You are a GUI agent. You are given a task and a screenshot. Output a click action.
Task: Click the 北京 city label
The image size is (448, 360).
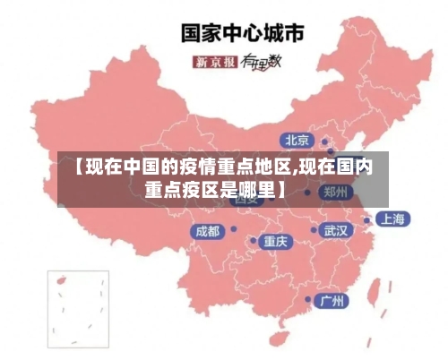point(297,140)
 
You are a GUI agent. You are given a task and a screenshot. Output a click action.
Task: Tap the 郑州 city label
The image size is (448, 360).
point(337,192)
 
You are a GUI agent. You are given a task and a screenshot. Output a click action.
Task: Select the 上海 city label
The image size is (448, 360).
point(392,219)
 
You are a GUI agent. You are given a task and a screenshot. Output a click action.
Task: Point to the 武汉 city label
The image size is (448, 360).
point(337,230)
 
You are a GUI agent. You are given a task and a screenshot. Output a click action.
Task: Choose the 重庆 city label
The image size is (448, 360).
point(275,241)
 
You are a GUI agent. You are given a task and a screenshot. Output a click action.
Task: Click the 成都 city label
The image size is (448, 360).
point(207,231)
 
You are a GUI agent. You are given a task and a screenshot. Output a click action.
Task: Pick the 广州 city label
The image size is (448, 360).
point(333,300)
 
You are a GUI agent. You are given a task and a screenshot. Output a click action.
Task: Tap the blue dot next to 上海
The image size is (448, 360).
point(367,219)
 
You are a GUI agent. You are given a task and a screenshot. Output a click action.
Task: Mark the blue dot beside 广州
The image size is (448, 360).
point(308,300)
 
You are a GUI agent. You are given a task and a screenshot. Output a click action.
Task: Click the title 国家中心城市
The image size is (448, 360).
point(242,33)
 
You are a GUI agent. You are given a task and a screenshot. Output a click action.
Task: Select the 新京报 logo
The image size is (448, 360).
point(215,62)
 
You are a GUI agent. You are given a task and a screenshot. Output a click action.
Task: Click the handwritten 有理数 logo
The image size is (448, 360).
point(263,62)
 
